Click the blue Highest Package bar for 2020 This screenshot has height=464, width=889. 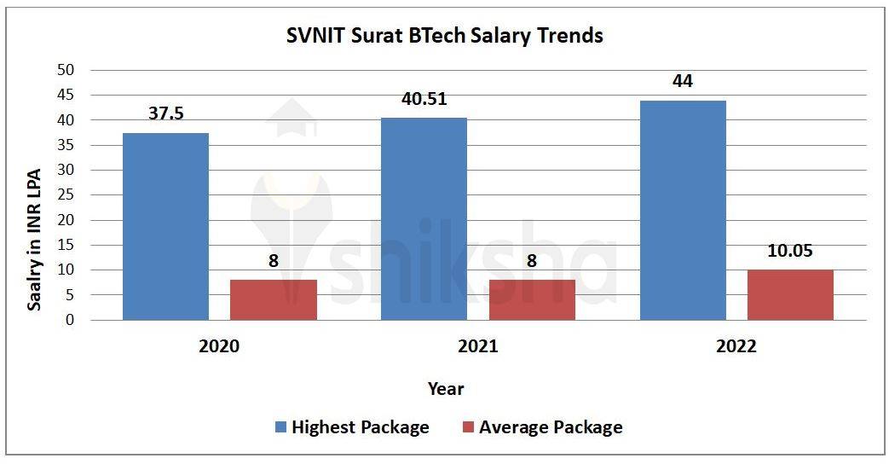pos(165,227)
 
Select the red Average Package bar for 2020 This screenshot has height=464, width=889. pos(273,299)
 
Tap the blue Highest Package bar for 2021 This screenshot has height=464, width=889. pos(424,219)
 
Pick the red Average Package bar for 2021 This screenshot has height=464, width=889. pos(532,299)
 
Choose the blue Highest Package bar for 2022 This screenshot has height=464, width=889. pos(683,211)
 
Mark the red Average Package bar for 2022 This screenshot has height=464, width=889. pos(790,294)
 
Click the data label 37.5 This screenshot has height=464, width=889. pos(165,114)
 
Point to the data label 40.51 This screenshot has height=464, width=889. pos(424,99)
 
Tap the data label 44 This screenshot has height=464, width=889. pos(682,82)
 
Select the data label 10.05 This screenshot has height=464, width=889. pos(790,251)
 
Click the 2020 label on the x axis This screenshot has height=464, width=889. pos(219,347)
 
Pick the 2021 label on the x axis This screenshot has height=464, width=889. pos(477,347)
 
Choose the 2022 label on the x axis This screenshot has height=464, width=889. pos(736,347)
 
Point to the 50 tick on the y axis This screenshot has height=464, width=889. pos(66,70)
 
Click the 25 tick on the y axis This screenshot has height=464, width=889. pos(66,195)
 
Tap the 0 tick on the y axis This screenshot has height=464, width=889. pos(71,321)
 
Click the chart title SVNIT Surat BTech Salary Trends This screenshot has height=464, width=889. pos(443,36)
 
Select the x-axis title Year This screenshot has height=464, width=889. pos(445,389)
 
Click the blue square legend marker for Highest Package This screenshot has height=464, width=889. pos(281,426)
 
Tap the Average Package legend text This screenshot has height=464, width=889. pos(551,427)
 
